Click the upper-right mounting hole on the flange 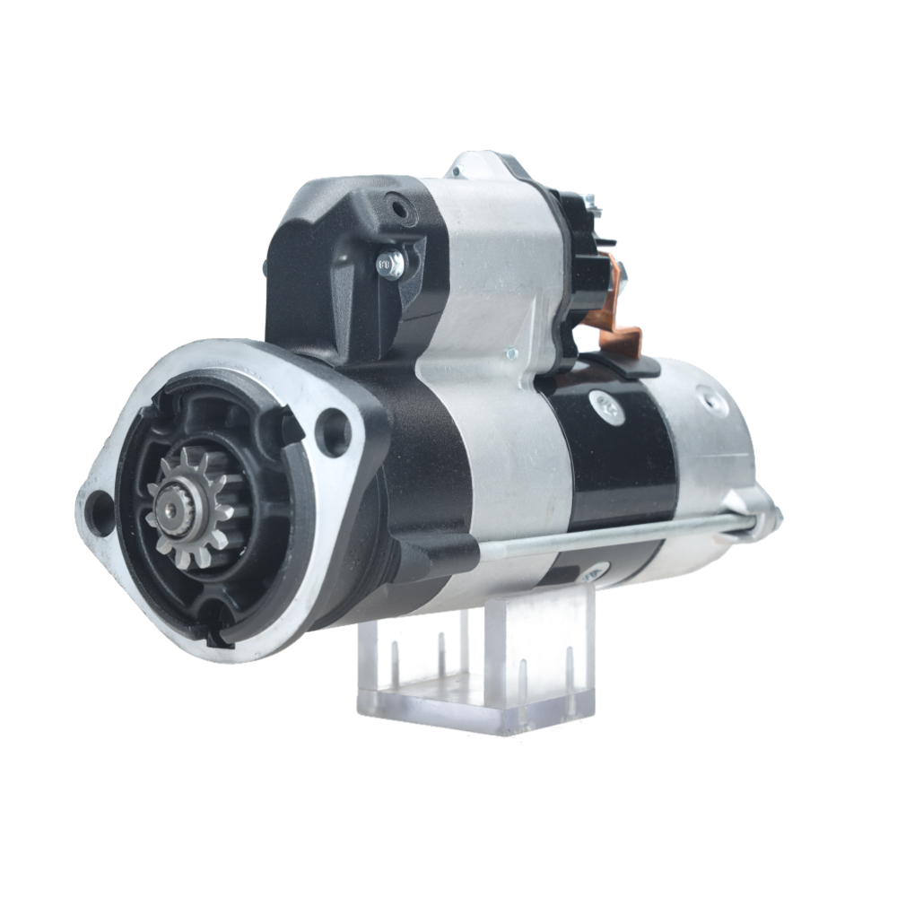tap(334, 429)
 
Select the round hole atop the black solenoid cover tap(396, 209)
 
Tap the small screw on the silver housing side tap(510, 353)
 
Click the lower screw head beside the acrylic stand tap(592, 571)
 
